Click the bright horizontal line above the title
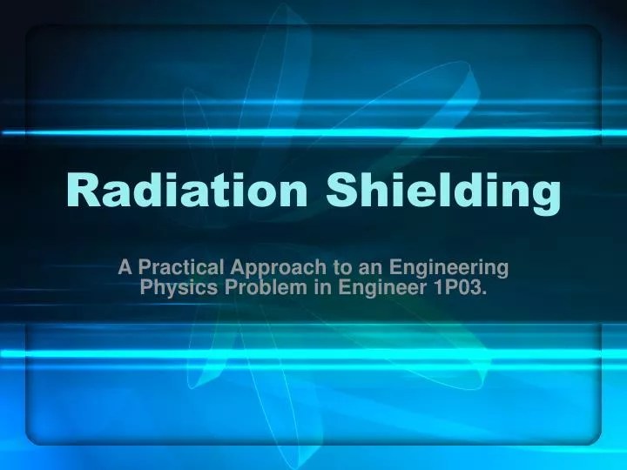tap(313, 132)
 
